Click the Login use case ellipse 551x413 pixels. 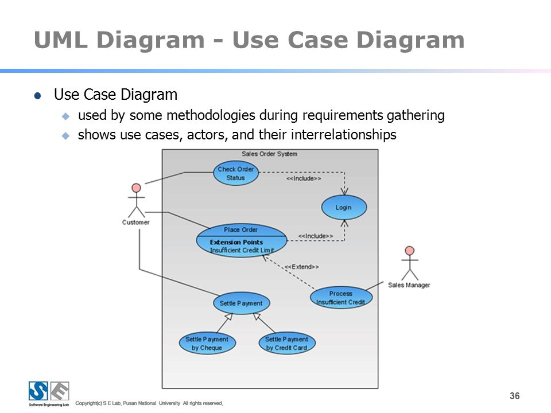(x=344, y=207)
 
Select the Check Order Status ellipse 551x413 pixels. (x=236, y=173)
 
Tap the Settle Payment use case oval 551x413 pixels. (x=242, y=303)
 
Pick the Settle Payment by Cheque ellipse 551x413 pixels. (x=207, y=343)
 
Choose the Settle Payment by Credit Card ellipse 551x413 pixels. (x=287, y=343)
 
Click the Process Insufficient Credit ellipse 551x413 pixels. (x=341, y=298)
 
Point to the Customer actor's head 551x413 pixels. (x=137, y=188)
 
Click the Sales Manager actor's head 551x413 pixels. (x=409, y=251)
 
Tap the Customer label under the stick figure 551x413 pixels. (x=135, y=223)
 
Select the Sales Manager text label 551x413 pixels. (x=409, y=285)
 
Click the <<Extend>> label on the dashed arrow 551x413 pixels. (x=301, y=267)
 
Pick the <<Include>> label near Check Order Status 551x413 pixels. (x=304, y=178)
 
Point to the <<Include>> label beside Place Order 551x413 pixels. (x=316, y=236)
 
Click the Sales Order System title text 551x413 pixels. (x=270, y=154)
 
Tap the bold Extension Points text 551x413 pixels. (x=236, y=242)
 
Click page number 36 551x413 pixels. (x=515, y=396)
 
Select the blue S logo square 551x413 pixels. (x=38, y=391)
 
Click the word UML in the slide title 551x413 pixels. (x=61, y=40)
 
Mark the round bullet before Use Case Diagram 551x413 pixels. (x=38, y=96)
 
